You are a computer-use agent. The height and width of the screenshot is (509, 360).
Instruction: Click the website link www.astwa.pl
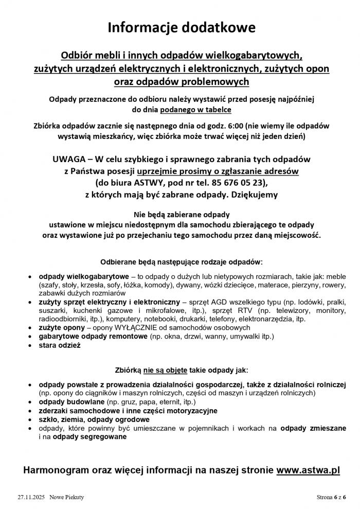[x=308, y=470]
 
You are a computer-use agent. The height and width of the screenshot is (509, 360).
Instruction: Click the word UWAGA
[x=70, y=160]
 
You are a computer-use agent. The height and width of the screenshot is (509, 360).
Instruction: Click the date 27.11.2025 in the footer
[x=31, y=497]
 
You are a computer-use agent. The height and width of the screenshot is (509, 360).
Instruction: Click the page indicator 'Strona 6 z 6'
[x=331, y=497]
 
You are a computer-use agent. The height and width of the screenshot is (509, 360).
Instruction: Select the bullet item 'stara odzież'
[x=60, y=345]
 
